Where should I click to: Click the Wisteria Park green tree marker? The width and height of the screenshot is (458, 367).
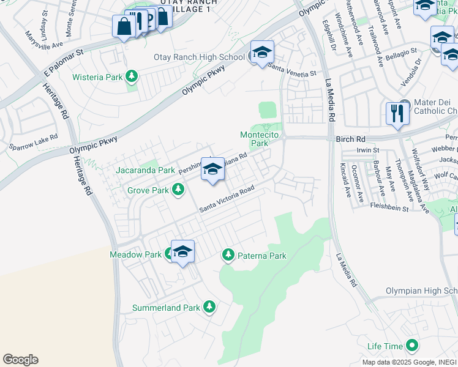tap(131, 77)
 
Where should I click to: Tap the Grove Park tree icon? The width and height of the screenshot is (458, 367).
tap(178, 190)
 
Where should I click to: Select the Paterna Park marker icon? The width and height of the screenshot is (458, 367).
tap(228, 254)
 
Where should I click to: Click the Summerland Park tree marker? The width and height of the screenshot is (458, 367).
tap(209, 306)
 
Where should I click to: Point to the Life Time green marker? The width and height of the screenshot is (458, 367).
tap(411, 346)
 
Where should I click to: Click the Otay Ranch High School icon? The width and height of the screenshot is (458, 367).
tap(261, 53)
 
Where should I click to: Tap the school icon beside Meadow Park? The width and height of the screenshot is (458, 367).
tap(182, 251)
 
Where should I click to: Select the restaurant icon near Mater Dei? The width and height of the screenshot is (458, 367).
tap(397, 113)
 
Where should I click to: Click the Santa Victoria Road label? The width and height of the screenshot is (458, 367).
tap(227, 200)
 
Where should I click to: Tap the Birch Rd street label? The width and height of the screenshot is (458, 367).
tap(350, 139)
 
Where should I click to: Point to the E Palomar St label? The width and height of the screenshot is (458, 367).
tap(62, 65)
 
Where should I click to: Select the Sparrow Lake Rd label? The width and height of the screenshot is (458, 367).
tap(33, 143)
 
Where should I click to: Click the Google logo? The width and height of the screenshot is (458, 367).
tap(20, 360)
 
